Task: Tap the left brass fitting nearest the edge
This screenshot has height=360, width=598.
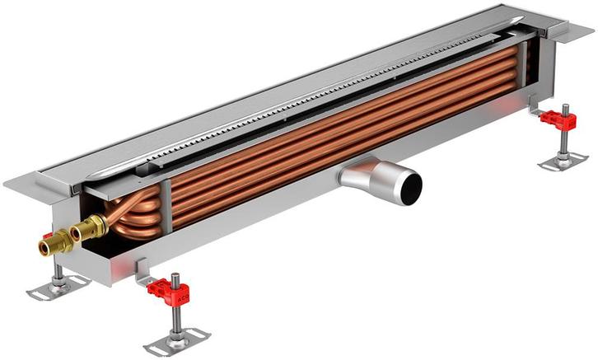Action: (x=49, y=244)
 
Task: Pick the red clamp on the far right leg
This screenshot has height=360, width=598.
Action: (x=559, y=119)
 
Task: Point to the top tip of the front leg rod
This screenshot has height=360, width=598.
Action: (x=171, y=274)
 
